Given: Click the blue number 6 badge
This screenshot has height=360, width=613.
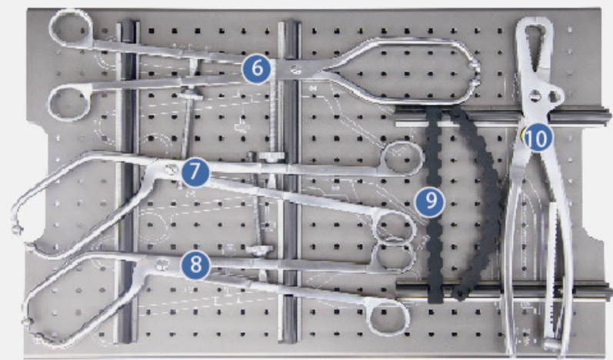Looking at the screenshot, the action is [257, 68].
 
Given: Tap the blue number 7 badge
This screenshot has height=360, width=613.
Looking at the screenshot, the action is [195, 172].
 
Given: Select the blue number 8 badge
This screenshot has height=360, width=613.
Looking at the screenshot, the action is [195, 265].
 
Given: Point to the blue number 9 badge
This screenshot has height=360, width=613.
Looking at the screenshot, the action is [430, 202].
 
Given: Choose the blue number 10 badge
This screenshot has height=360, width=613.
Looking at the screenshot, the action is [538, 138].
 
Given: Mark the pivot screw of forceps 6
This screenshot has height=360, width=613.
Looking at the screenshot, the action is [295, 70].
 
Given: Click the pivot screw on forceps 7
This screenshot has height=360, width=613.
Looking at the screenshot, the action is [170, 169].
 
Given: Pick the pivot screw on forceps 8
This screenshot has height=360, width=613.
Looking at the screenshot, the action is [161, 265].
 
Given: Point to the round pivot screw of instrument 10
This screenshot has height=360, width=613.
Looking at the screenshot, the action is [536, 95].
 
